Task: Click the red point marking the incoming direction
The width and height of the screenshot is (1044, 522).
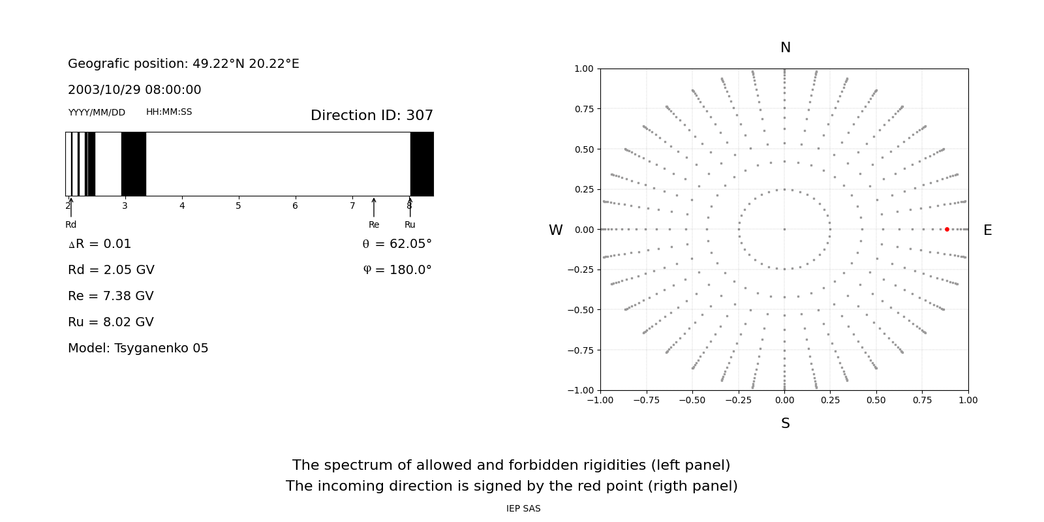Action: point(947,229)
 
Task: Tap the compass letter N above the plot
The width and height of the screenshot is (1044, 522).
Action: point(786,48)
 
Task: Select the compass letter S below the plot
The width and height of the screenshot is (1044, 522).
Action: point(786,423)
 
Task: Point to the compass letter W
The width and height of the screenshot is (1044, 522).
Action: point(555,230)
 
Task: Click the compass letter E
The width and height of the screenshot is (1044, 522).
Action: point(987,230)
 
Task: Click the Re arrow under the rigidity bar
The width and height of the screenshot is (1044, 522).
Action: point(374,207)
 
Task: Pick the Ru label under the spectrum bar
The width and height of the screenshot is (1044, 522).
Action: point(410,224)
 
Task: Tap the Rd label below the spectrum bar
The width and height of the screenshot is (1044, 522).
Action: point(71,224)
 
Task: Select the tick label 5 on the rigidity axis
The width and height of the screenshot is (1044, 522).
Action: point(238,206)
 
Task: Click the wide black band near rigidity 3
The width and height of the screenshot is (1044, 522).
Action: point(134,164)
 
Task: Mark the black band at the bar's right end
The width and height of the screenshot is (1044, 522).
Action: point(422,164)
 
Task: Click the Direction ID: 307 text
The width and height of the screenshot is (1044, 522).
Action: point(372,115)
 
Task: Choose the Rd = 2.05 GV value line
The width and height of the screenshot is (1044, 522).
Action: point(111,270)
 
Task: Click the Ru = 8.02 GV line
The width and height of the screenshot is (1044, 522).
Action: point(111,322)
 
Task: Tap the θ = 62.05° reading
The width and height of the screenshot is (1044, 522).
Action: point(397,244)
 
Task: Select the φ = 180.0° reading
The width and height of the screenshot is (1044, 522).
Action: point(397,270)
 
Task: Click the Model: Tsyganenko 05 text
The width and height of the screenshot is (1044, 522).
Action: point(138,348)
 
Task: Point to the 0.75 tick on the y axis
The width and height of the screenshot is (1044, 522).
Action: point(584,109)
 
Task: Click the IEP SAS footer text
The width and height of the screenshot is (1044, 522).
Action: point(523,508)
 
